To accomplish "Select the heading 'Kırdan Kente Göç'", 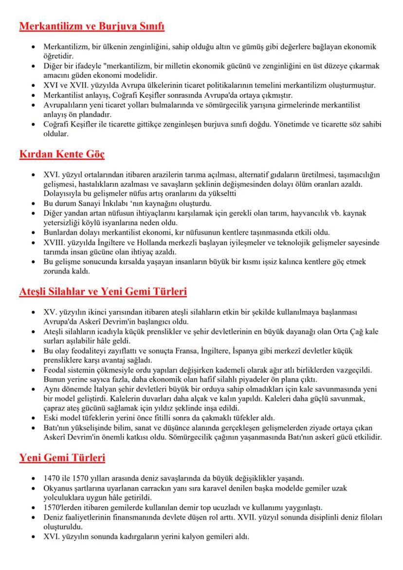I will coord(62,155).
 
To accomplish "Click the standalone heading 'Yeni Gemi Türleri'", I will coord(62,458).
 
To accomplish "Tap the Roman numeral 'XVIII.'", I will coord(55,243).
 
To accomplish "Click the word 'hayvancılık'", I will coord(311,213).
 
